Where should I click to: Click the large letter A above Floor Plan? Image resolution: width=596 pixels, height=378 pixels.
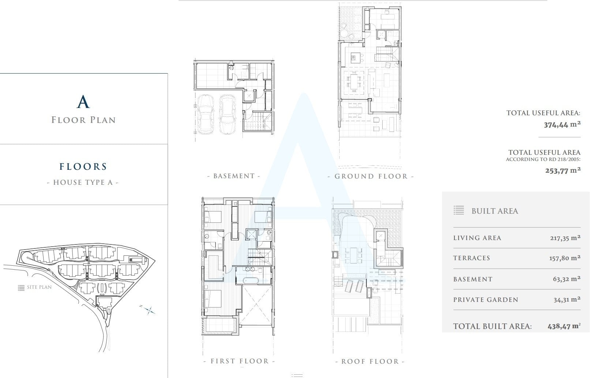click(x=83, y=102)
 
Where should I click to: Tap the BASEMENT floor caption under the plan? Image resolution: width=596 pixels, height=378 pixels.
click(x=234, y=176)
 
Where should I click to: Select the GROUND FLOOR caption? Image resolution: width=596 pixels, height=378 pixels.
click(x=371, y=176)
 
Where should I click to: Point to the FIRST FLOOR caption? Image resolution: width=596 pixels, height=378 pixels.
click(x=240, y=361)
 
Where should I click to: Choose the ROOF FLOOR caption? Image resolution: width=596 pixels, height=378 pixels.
click(x=370, y=361)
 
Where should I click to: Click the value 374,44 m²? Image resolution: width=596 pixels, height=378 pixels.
click(x=562, y=124)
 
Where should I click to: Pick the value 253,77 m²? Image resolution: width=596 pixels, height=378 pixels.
click(x=563, y=171)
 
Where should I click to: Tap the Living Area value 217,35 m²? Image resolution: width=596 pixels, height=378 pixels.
click(x=565, y=238)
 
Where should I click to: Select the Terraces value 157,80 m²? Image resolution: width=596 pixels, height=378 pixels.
click(x=565, y=258)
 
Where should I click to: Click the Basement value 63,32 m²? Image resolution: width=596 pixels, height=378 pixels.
click(x=567, y=279)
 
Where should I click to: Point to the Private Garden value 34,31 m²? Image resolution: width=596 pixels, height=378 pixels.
click(x=567, y=300)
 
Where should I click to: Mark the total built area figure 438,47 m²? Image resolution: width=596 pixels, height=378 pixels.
click(x=564, y=326)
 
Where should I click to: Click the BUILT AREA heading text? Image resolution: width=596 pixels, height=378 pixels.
click(x=495, y=211)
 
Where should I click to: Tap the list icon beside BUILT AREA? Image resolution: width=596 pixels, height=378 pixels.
click(x=459, y=210)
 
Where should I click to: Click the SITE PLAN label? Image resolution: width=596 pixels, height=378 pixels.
click(x=39, y=287)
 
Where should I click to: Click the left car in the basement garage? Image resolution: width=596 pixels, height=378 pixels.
click(x=205, y=114)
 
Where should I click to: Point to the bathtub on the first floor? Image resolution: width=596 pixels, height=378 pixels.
click(x=250, y=280)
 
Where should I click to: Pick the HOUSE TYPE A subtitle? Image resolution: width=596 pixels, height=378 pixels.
click(x=83, y=182)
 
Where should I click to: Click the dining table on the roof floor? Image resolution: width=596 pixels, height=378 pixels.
click(x=353, y=255)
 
